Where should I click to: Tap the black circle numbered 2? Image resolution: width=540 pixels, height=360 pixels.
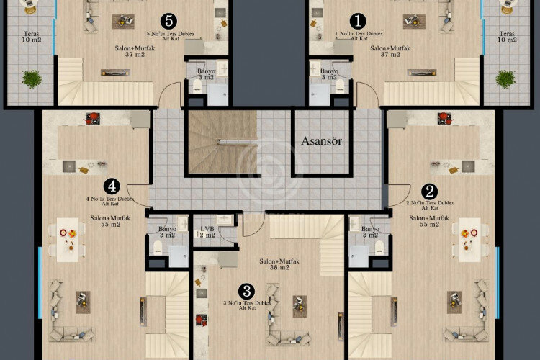430,192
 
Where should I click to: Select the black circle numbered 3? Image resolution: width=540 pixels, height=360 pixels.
247,291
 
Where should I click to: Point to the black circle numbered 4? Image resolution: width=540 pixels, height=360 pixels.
110,186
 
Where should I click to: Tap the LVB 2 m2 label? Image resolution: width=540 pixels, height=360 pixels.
207,232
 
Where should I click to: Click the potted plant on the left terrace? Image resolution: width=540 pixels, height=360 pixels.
31,78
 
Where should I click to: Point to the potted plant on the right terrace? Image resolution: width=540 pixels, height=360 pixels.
506,78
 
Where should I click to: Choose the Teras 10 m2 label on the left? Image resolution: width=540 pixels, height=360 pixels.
31,36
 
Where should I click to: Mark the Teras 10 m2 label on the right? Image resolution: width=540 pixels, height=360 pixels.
508,36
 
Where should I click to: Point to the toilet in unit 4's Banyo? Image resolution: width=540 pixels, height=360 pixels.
158,248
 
